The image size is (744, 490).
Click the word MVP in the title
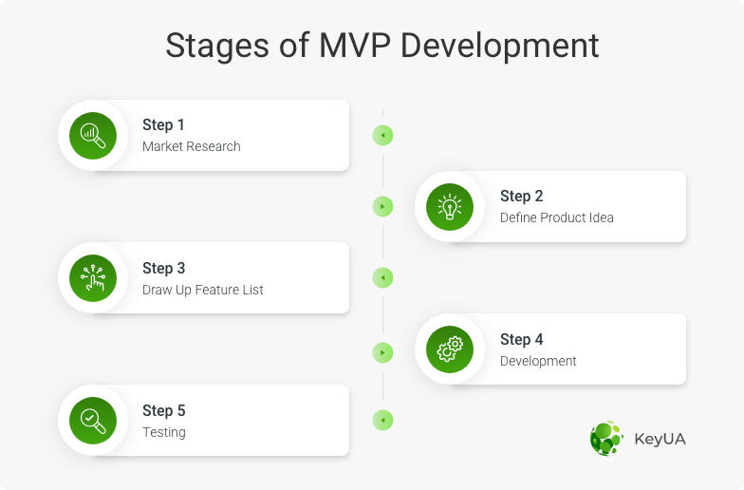(355, 46)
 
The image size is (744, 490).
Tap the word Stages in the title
(217, 47)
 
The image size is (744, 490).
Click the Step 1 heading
(163, 125)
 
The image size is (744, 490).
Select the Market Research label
(192, 146)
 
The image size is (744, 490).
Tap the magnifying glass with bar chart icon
(93, 135)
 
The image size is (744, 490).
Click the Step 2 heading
(522, 196)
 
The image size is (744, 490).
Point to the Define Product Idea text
(556, 217)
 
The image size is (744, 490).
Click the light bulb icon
(450, 207)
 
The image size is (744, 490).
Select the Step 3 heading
(163, 268)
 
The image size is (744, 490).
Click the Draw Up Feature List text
(203, 290)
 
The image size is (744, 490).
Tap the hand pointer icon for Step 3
(93, 277)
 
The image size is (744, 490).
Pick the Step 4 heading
(522, 340)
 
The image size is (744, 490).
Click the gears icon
(450, 349)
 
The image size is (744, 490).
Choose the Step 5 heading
(163, 410)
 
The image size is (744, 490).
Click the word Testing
(163, 432)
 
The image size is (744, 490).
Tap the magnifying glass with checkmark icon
(93, 420)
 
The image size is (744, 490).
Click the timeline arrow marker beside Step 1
(382, 135)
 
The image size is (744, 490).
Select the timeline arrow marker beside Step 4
(382, 353)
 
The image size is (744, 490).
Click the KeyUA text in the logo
(660, 439)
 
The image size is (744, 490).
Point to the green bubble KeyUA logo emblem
(606, 439)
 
